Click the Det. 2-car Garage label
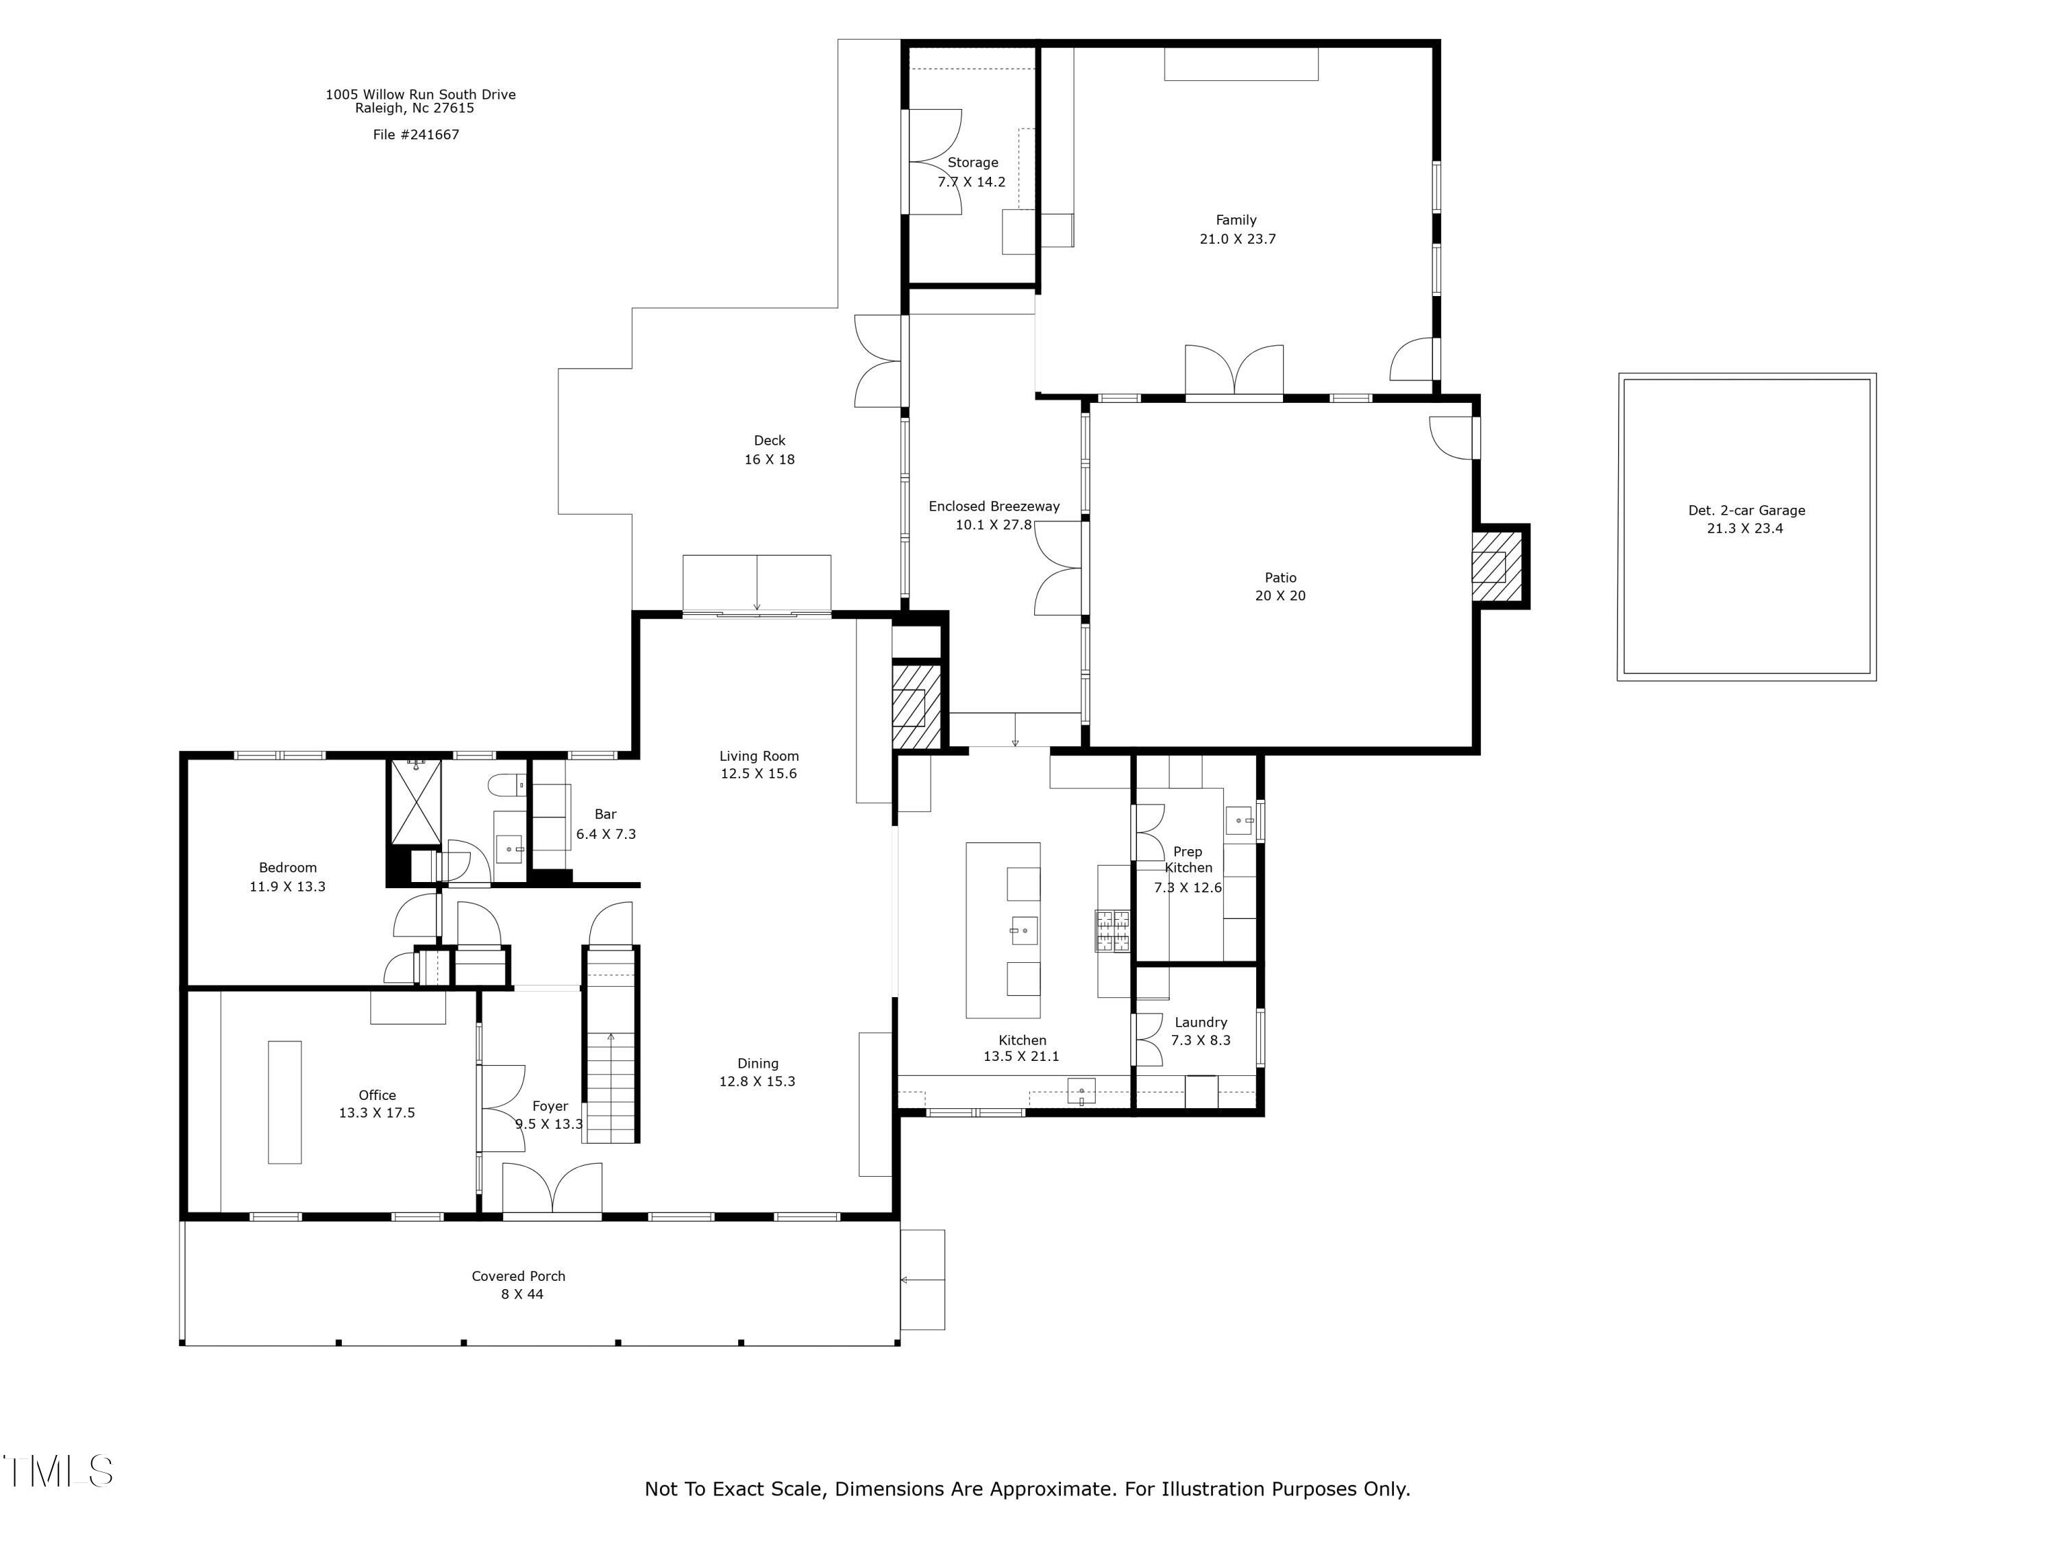[1746, 511]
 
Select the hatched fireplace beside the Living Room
[916, 705]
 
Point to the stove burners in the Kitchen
[1112, 931]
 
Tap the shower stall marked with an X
[415, 802]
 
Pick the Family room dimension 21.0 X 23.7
[1237, 239]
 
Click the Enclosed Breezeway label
[994, 506]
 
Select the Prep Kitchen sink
[1240, 821]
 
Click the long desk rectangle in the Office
[284, 1101]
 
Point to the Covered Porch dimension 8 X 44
[522, 1294]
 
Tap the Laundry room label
[1200, 1023]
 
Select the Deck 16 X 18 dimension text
[769, 459]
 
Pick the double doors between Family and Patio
[1234, 371]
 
